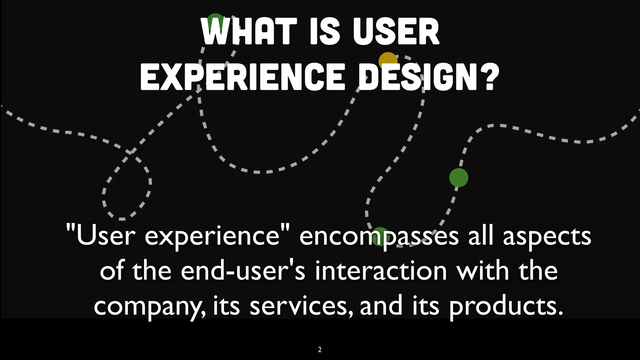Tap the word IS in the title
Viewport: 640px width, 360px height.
[325, 31]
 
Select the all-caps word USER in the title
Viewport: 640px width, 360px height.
[396, 31]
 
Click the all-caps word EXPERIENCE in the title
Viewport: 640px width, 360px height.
[242, 77]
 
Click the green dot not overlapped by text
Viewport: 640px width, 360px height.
[458, 177]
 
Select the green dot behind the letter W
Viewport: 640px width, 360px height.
[215, 21]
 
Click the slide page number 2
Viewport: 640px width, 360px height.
[320, 350]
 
